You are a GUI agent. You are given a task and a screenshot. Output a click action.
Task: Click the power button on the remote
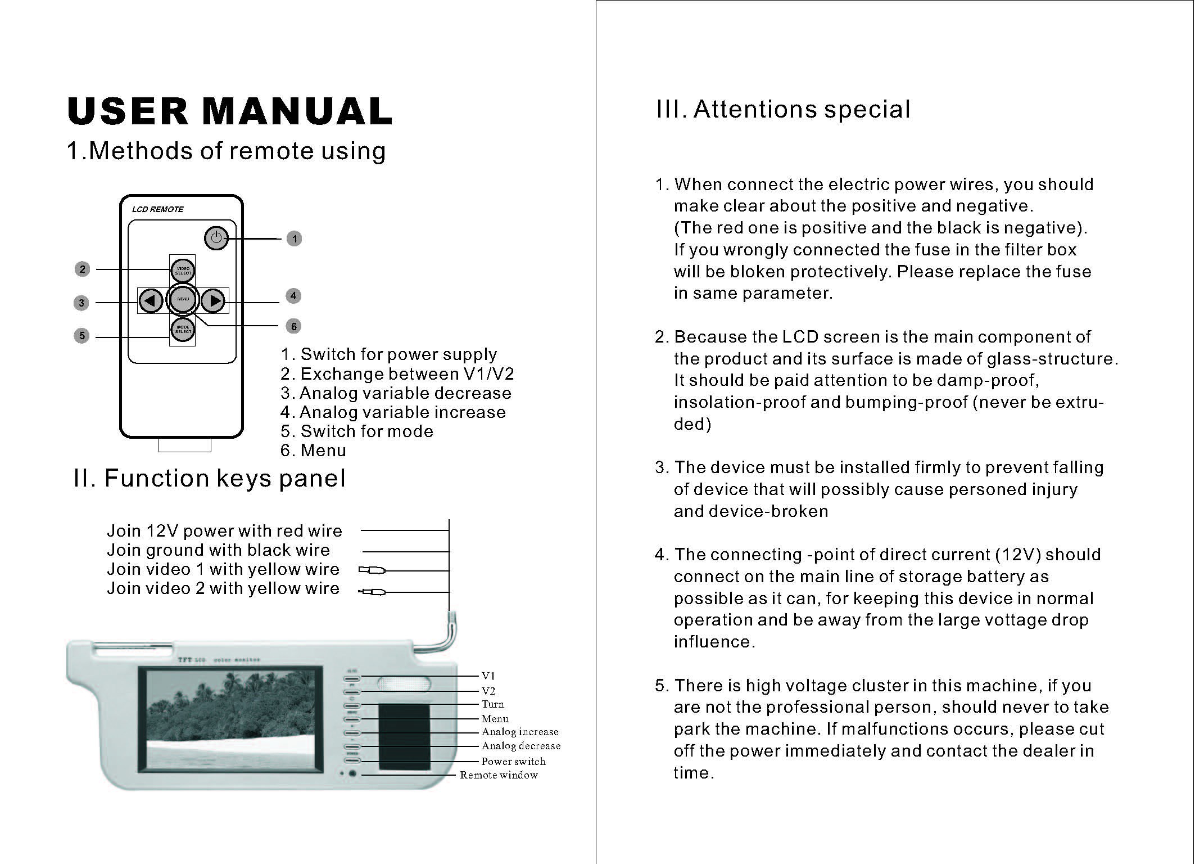[x=216, y=238]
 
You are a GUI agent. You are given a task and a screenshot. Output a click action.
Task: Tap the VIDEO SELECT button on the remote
[x=183, y=271]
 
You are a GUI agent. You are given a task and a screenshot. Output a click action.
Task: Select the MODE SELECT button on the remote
[x=183, y=329]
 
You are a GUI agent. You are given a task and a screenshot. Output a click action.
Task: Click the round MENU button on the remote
[x=183, y=299]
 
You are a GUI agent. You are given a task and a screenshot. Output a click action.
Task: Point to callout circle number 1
[x=294, y=239]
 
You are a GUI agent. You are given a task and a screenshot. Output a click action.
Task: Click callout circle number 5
[x=82, y=336]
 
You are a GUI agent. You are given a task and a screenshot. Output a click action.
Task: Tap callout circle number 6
[x=293, y=326]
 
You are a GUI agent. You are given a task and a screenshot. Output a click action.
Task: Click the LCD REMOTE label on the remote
[x=157, y=209]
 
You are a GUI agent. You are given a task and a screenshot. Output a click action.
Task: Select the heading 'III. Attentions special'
[x=783, y=109]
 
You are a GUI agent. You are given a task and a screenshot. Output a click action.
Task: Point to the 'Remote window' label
[x=499, y=775]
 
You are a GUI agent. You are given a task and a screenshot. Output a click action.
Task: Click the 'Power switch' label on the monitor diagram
[x=513, y=762]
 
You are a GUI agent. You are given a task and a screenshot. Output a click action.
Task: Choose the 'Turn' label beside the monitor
[x=492, y=704]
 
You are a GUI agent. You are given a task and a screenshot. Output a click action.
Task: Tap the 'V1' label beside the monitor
[x=488, y=676]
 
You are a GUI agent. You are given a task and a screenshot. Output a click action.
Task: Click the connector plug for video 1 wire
[x=372, y=570]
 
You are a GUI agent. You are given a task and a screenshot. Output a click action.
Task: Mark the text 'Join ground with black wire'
[x=218, y=550]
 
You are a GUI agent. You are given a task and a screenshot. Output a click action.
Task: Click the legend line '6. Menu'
[x=313, y=451]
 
